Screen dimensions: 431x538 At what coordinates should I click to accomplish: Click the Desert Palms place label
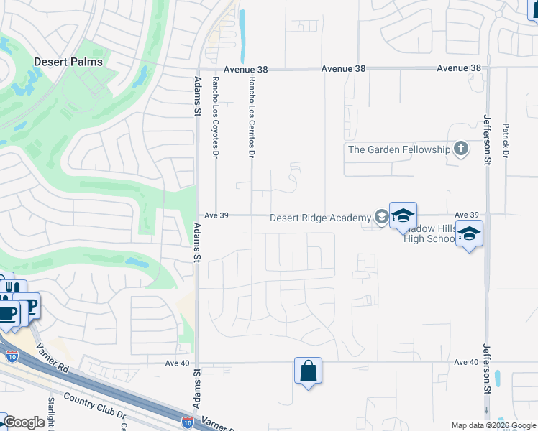68,62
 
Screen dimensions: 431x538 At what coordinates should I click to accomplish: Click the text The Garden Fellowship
398,149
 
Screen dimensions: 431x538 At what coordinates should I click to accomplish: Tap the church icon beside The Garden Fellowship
461,149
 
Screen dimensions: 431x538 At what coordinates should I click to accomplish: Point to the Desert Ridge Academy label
320,218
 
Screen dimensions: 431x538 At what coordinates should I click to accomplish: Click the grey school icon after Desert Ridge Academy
380,217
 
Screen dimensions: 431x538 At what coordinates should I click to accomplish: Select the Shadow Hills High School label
429,233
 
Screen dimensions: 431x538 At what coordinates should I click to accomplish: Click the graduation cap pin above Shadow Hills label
403,215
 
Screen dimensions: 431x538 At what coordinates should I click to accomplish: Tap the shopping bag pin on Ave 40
308,372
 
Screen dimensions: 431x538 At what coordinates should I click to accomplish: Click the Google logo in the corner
24,422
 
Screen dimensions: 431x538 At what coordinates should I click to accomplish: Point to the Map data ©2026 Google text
493,425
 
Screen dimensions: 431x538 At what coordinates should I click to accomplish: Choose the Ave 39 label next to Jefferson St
466,215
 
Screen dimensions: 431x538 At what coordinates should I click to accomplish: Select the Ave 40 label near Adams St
175,363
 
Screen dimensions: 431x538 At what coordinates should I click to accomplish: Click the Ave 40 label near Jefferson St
466,363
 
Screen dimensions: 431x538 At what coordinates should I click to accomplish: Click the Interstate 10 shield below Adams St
187,422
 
